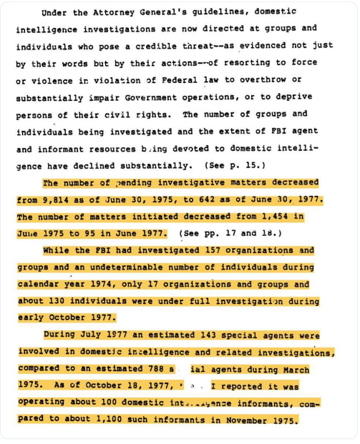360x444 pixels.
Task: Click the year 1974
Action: click(103, 285)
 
